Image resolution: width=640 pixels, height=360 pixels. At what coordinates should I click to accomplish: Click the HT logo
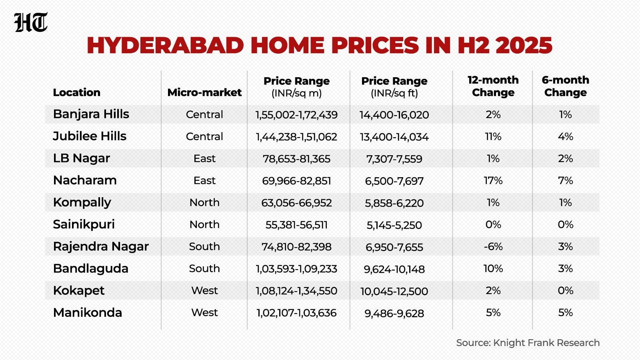tap(31, 22)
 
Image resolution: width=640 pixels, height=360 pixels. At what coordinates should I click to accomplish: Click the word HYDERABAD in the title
tap(166, 45)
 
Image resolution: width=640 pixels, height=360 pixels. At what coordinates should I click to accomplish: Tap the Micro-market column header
tap(204, 92)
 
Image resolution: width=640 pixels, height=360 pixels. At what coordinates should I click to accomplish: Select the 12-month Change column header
tap(493, 86)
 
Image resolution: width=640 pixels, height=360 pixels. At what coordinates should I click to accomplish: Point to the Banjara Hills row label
tap(91, 114)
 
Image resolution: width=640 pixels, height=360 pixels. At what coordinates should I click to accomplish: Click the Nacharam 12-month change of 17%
tap(493, 180)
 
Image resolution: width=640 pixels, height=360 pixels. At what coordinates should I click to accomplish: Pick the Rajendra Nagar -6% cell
tap(493, 246)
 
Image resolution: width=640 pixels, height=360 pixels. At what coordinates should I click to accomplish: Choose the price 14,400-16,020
tap(394, 115)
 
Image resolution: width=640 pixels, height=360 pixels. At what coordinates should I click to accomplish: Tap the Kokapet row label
tap(78, 290)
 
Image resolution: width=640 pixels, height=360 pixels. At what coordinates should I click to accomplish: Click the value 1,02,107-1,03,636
tap(296, 313)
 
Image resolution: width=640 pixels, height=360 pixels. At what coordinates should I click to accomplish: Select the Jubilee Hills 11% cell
tap(493, 136)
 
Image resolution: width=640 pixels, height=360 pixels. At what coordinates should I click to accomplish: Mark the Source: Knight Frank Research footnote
tap(528, 342)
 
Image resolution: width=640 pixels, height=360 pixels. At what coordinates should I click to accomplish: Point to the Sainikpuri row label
tap(84, 224)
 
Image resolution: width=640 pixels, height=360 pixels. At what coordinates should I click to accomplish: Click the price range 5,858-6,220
tap(394, 203)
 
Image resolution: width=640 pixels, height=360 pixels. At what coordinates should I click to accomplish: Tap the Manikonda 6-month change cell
tap(566, 312)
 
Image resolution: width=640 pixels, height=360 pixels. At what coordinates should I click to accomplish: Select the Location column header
tap(76, 92)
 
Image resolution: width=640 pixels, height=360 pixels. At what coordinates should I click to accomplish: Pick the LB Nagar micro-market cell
tap(204, 158)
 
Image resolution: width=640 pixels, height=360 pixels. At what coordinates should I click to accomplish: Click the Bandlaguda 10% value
tap(493, 268)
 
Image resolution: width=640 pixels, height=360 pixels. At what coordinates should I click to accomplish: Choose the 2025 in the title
tap(524, 45)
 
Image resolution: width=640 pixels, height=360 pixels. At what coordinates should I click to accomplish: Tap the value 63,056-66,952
tap(296, 203)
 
